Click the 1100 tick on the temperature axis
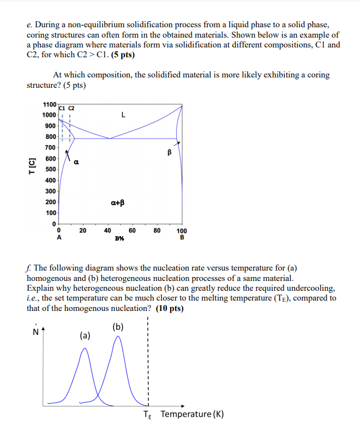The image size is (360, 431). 49,104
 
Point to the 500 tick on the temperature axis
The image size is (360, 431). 51,169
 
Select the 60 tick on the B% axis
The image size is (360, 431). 132,231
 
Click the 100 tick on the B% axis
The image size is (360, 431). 182,231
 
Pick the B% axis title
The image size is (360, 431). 119,238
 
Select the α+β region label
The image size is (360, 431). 117,202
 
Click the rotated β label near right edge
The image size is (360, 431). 170,153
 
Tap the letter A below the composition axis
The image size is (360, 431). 59,238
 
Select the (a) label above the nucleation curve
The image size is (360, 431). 86,335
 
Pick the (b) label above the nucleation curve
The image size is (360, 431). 118,327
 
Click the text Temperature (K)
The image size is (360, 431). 192,414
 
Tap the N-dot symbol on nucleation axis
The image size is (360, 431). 37,331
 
